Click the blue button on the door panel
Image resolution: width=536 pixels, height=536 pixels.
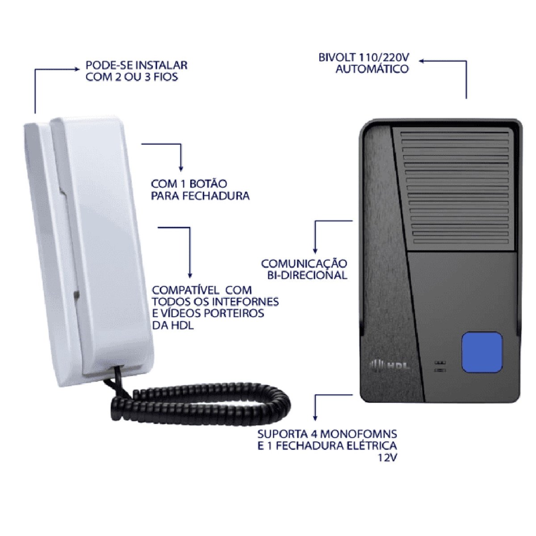pos(482,352)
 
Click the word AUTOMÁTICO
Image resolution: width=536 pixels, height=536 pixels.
pos(372,69)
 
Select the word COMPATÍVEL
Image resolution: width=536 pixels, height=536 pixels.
pos(190,290)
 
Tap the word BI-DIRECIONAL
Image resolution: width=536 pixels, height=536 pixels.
pos(307,275)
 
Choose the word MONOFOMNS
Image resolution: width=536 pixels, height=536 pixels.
pos(359,434)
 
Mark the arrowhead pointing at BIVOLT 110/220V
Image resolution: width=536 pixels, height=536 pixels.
pos(420,61)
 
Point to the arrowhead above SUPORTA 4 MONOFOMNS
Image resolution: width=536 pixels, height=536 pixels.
pos(315,418)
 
